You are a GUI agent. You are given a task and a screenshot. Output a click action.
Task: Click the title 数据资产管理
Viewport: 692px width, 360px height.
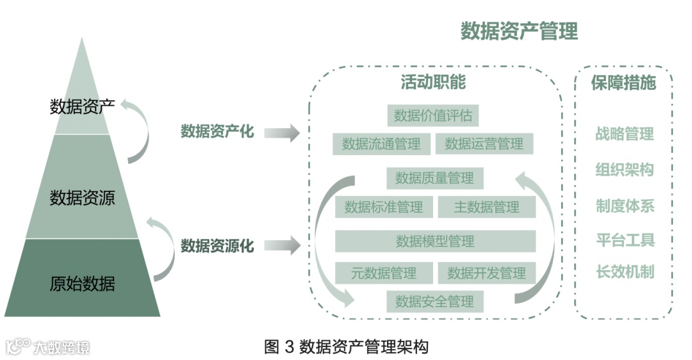(519, 31)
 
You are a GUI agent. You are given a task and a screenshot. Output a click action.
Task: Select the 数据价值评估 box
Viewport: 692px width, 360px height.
(433, 116)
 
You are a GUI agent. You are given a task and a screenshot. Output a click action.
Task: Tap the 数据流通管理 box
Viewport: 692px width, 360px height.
(381, 144)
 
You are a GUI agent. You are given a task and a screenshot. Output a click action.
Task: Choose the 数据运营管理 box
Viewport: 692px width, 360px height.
(484, 144)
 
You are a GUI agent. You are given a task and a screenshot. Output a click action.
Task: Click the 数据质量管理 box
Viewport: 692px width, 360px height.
(434, 178)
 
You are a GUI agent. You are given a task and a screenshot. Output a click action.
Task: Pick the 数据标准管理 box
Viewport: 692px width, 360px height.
(383, 207)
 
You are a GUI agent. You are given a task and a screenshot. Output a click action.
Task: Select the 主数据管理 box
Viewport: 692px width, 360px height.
(486, 207)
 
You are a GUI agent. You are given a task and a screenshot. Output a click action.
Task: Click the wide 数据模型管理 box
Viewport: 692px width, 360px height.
(435, 241)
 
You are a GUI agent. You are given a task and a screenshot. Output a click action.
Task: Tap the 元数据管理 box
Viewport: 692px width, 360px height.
(383, 273)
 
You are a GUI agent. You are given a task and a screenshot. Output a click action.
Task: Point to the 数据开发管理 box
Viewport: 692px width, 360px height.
(486, 273)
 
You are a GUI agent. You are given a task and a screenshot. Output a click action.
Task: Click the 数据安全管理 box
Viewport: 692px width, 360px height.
(434, 301)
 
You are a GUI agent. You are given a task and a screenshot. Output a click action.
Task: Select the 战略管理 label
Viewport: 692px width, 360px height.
(624, 134)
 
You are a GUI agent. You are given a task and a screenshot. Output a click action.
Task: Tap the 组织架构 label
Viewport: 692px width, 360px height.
(624, 170)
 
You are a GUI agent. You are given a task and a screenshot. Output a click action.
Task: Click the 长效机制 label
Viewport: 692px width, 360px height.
(624, 271)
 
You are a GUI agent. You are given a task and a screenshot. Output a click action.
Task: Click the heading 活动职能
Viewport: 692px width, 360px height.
(433, 83)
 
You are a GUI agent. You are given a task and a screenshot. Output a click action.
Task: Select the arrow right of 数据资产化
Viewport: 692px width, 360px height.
(282, 133)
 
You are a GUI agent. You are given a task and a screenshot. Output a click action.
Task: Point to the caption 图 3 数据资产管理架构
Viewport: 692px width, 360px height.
(346, 347)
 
